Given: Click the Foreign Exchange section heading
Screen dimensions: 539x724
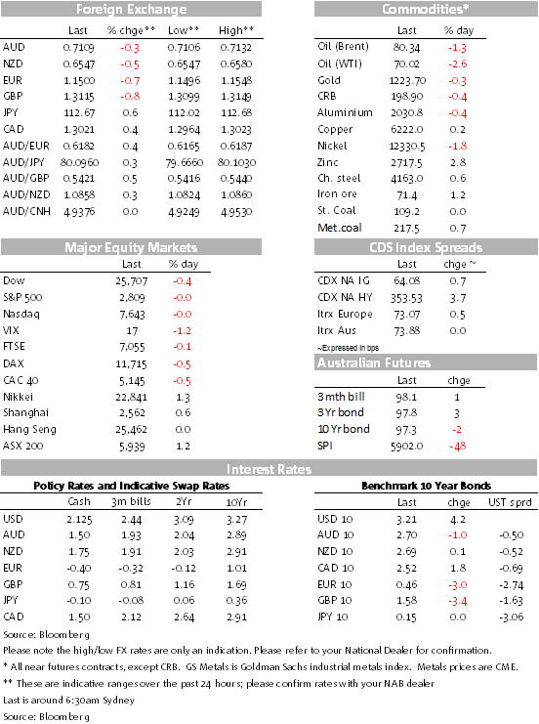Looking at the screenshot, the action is [132, 9].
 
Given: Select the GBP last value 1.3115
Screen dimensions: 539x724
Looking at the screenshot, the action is [79, 97].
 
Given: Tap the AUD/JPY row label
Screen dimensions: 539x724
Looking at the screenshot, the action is [23, 162].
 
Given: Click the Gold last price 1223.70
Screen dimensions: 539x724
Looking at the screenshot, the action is [407, 81].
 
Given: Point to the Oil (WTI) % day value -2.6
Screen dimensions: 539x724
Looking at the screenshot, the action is [457, 64].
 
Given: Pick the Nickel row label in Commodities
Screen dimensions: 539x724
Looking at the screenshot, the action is [332, 146].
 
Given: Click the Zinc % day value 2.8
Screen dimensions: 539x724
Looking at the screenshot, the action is [458, 162].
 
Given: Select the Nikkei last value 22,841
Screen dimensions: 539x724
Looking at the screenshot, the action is [132, 397].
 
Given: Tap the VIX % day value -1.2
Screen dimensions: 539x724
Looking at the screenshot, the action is [183, 331].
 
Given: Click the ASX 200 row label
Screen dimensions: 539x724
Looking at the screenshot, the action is [23, 447].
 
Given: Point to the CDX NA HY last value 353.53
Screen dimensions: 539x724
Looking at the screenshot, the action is [406, 298].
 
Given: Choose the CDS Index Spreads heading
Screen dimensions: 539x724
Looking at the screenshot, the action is [426, 247].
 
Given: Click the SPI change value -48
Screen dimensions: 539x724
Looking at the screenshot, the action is [457, 447].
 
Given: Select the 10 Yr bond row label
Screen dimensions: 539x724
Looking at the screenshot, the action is [344, 429].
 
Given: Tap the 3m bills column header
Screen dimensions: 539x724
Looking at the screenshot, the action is [131, 502].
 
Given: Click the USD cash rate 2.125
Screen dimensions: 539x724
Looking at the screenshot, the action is [79, 520].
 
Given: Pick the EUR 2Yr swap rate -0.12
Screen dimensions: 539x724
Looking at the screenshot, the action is [184, 569].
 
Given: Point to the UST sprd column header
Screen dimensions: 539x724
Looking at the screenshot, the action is [510, 502].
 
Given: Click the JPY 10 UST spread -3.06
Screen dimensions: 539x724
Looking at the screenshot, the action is [511, 617].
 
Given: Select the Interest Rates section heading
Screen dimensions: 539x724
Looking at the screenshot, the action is [269, 470].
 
